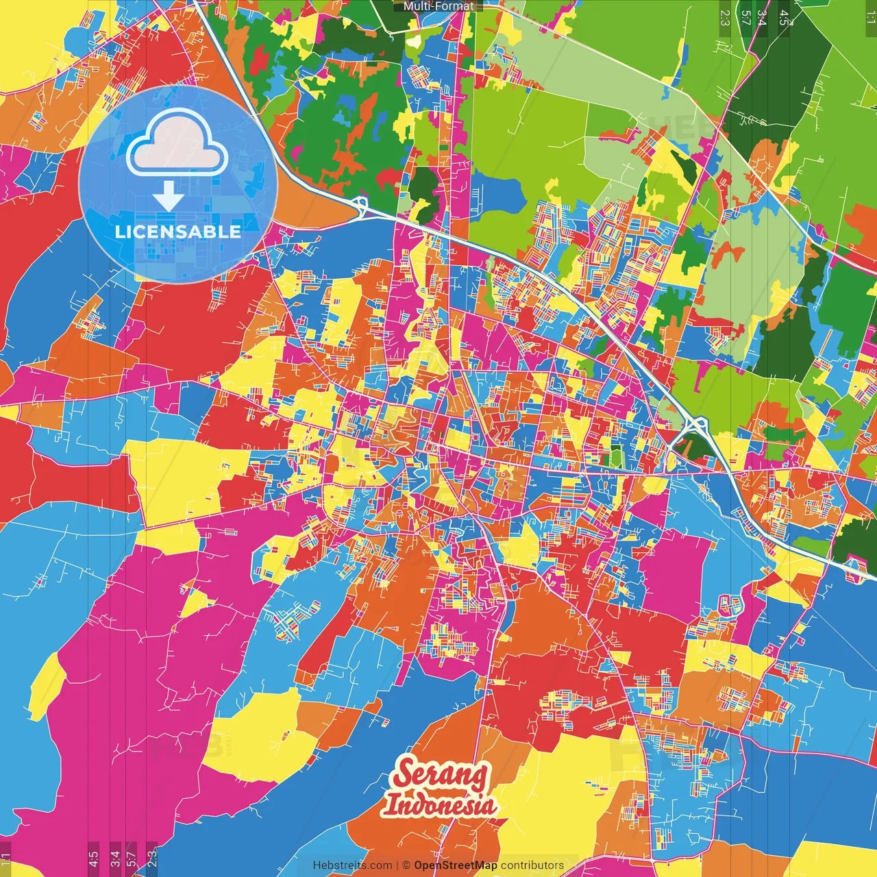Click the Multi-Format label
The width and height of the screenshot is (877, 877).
click(x=438, y=6)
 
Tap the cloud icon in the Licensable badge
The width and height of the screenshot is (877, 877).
click(x=177, y=144)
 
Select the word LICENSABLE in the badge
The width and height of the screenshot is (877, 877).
click(x=177, y=232)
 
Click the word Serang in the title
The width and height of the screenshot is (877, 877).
click(x=441, y=775)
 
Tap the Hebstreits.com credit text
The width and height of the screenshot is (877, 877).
click(x=352, y=865)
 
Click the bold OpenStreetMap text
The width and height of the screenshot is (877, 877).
click(x=455, y=865)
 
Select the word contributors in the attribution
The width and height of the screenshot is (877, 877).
click(x=532, y=865)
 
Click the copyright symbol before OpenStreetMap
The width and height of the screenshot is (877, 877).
click(x=406, y=865)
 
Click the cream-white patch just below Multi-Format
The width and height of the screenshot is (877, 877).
click(x=413, y=42)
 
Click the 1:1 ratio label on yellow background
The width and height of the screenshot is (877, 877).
click(x=5, y=856)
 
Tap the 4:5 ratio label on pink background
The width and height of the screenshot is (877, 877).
click(x=92, y=856)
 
